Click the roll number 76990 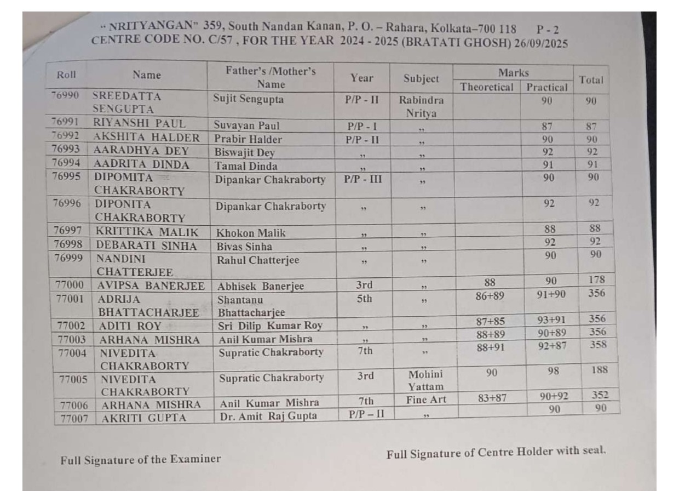pos(65,95)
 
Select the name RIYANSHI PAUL pos(140,123)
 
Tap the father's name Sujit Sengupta pos(250,100)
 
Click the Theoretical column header pos(487,87)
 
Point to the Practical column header pos(546,87)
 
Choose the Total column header pos(591,80)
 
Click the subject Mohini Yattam pos(425,381)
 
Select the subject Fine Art pos(426,400)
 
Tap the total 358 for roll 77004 pos(598,345)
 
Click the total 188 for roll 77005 pos(599,370)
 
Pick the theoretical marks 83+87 pos(491,398)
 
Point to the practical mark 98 pos(553,371)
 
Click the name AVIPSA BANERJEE pos(151,286)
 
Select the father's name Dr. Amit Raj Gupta pos(268,416)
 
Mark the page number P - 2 pos(548,30)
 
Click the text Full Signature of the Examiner pos(141,459)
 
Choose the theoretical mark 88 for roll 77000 pos(490,282)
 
